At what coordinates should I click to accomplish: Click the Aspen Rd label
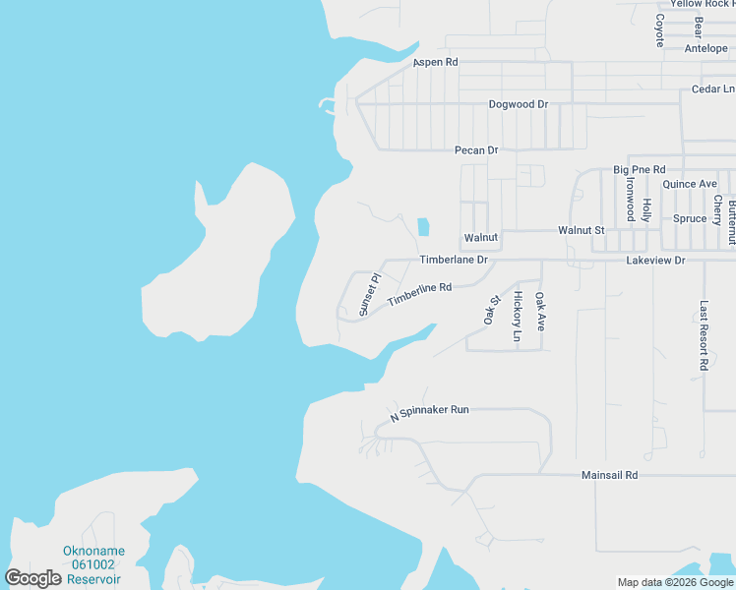coord(436,62)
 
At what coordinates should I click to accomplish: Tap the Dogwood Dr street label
coord(518,104)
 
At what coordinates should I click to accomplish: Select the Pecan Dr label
coord(476,150)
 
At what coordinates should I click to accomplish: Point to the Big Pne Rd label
coord(640,170)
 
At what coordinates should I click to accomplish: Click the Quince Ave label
coord(690,184)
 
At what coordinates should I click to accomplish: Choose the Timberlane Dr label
coord(454,260)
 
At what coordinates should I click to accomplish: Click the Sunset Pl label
coord(368,295)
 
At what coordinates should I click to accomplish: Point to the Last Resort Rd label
coord(704,335)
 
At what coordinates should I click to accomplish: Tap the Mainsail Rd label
coord(610,475)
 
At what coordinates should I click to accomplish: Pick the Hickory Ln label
coord(518,317)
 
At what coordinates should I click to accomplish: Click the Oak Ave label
coord(539,311)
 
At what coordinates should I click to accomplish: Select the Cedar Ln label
coord(713,88)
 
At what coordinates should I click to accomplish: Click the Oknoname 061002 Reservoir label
coord(92,564)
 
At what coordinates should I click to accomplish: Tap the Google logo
coord(33,578)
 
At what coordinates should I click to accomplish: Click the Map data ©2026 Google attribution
coord(675,582)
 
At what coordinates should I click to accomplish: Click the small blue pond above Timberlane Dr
coord(423,226)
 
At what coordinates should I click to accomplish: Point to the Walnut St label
coord(581,229)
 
